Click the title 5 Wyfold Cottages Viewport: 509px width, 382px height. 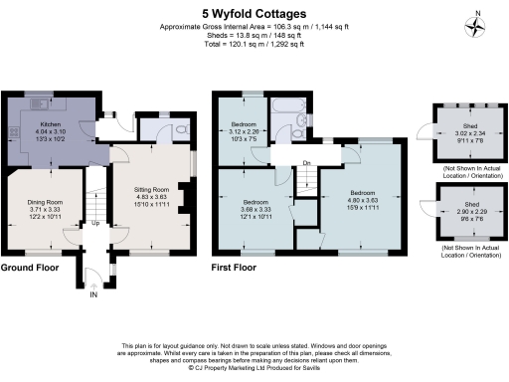coord(254,14)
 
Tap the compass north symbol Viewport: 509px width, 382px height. coord(479,24)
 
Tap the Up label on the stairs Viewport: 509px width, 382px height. coord(95,223)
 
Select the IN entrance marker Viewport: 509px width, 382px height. coord(93,294)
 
